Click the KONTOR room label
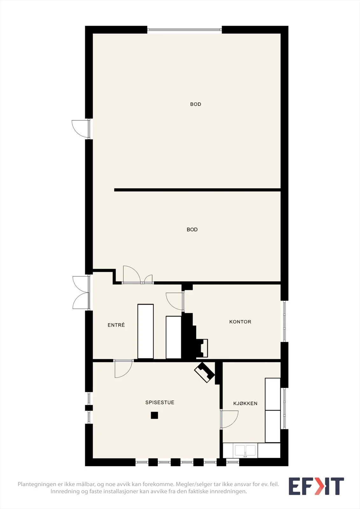click(240, 322)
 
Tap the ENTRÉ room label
click(116, 325)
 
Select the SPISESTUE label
click(160, 402)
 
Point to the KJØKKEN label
click(245, 403)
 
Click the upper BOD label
click(195, 104)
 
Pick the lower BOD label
click(192, 230)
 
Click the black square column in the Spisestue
click(154, 415)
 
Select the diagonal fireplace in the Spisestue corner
click(204, 373)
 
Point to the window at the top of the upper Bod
click(184, 30)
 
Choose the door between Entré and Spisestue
click(123, 369)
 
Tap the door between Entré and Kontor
click(175, 301)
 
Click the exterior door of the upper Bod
click(81, 129)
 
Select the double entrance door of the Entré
click(81, 293)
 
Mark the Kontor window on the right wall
click(284, 321)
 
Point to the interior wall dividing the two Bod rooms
click(197, 190)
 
